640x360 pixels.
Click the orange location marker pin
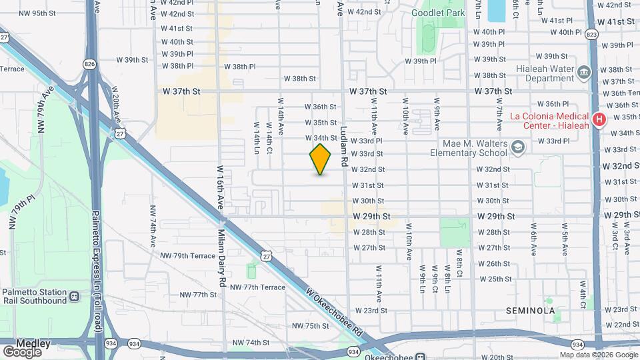coord(321,159)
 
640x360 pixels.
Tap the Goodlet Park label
coord(437,13)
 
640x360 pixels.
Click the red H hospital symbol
coord(599,120)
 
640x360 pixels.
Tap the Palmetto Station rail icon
coord(75,296)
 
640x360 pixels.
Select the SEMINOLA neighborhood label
coord(531,311)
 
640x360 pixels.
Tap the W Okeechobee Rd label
coord(335,312)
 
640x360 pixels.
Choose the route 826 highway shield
coord(90,63)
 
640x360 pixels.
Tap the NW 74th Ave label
coord(152,219)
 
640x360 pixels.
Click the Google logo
coord(23,351)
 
